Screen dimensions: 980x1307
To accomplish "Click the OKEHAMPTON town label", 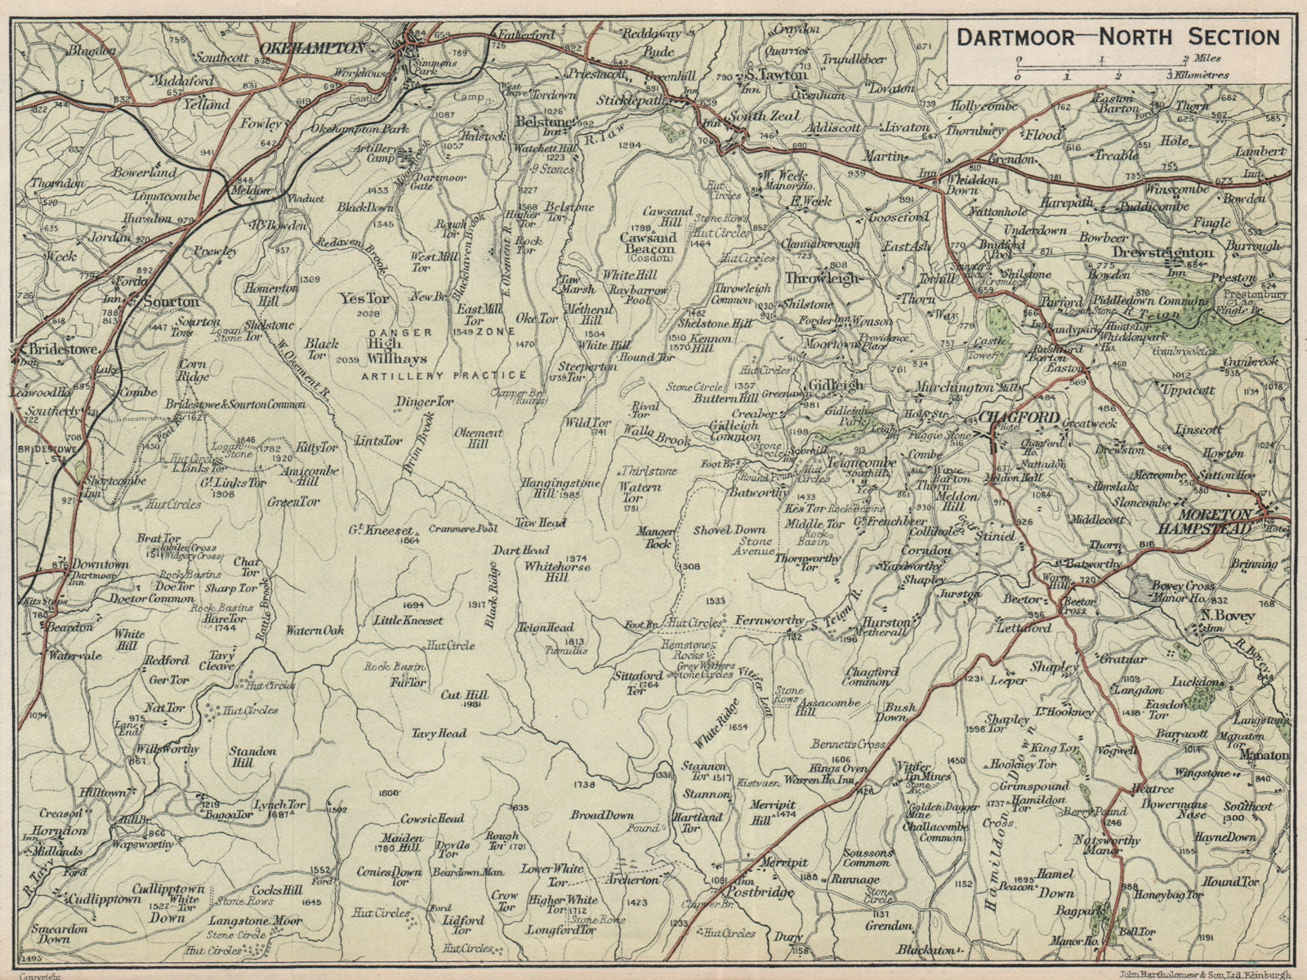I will (x=310, y=49).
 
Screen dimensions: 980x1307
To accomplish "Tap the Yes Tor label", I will (x=365, y=300).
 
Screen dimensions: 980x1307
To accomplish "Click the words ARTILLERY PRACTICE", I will (x=445, y=376).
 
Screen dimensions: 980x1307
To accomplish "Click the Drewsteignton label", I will (x=1163, y=253).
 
